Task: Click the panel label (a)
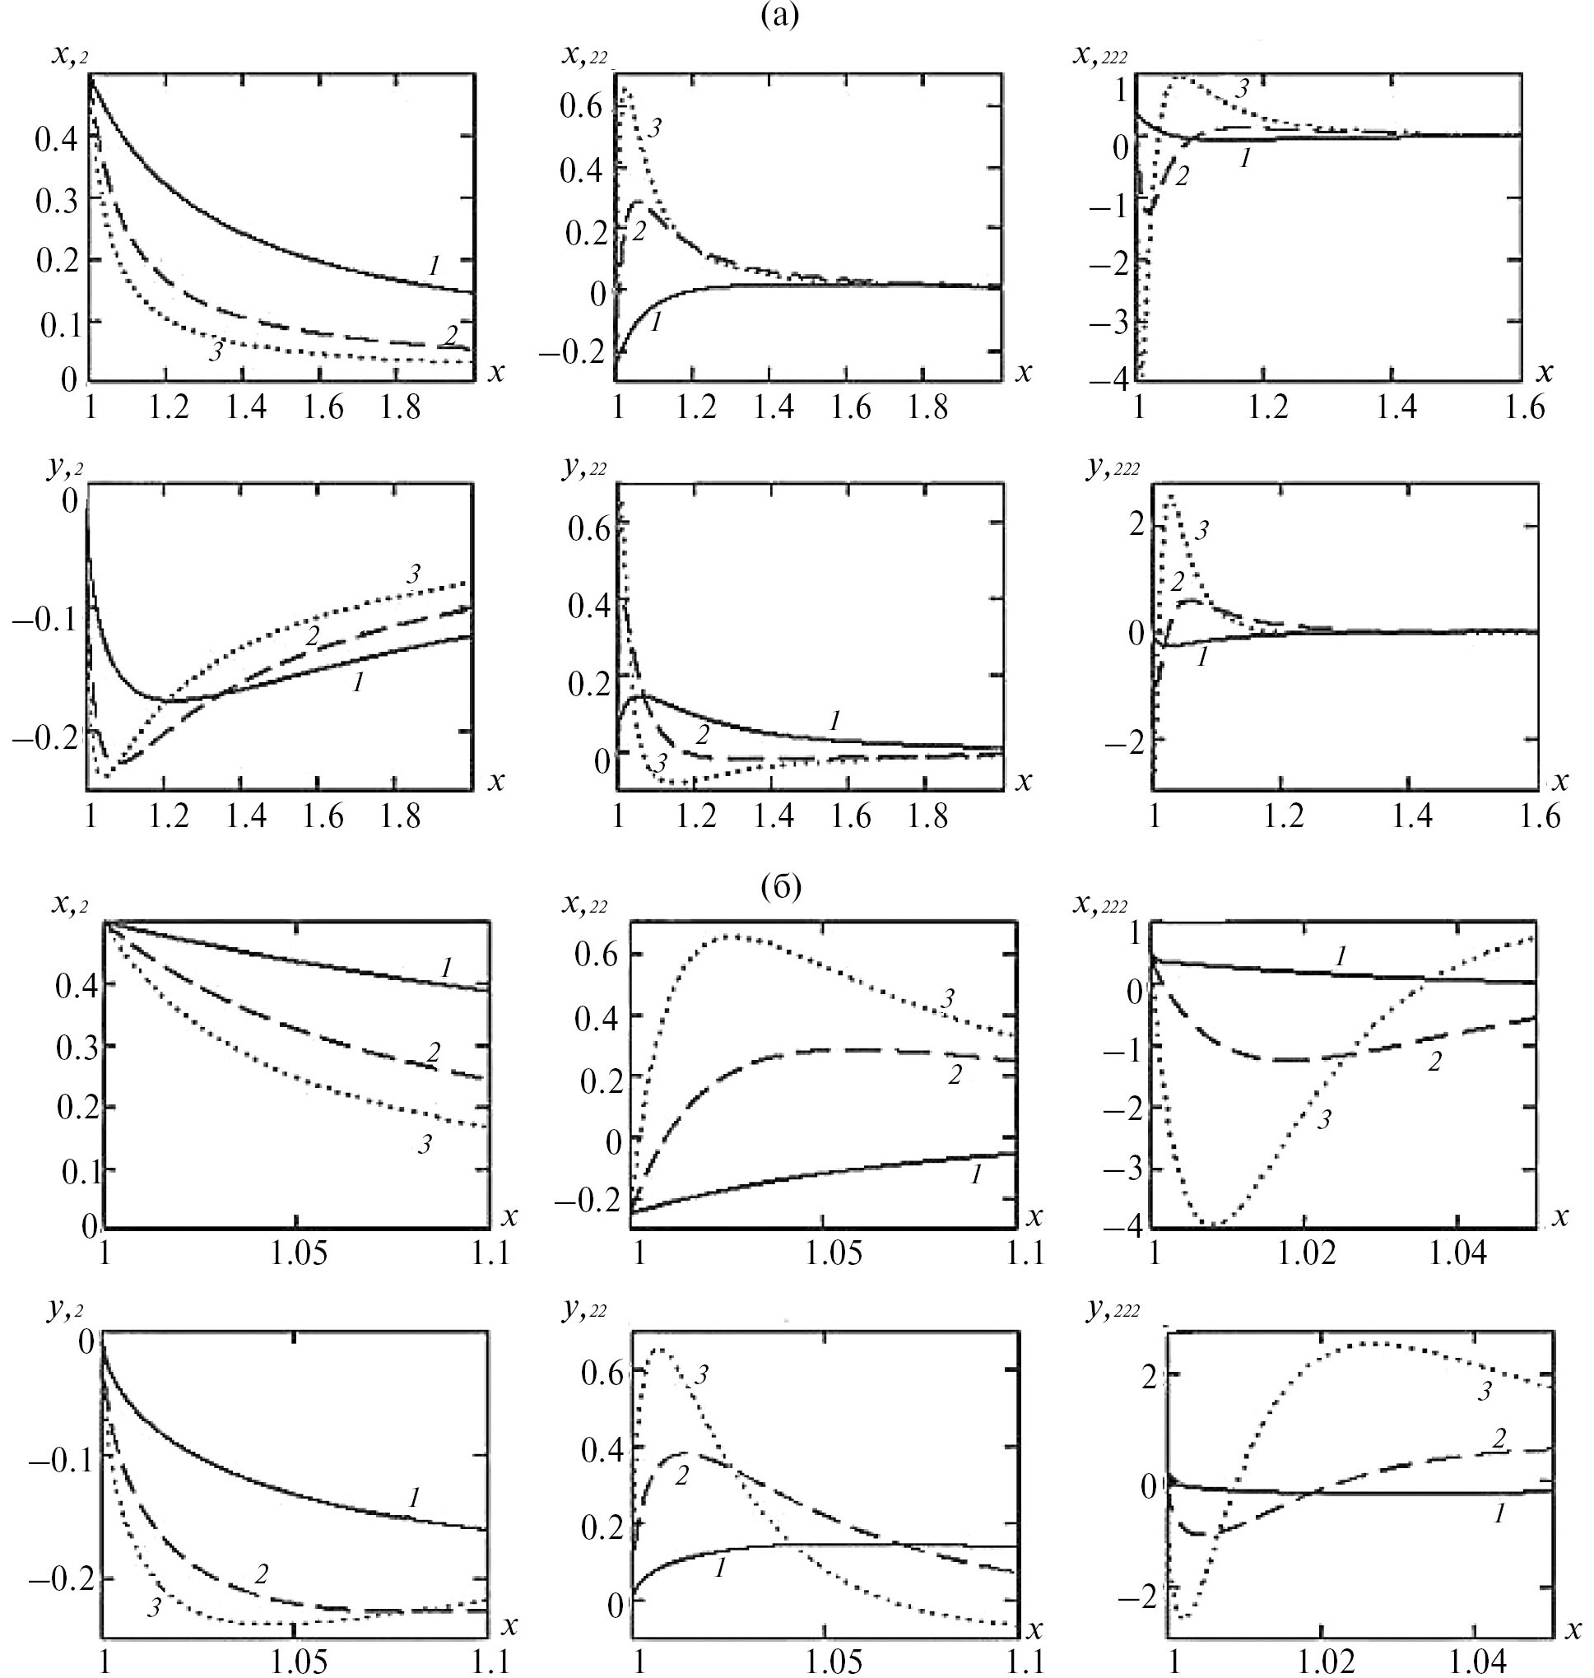[x=781, y=16]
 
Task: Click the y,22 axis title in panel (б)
[x=585, y=1309]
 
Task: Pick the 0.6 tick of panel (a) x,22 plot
[x=579, y=106]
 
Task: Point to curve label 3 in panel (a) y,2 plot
[x=413, y=574]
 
